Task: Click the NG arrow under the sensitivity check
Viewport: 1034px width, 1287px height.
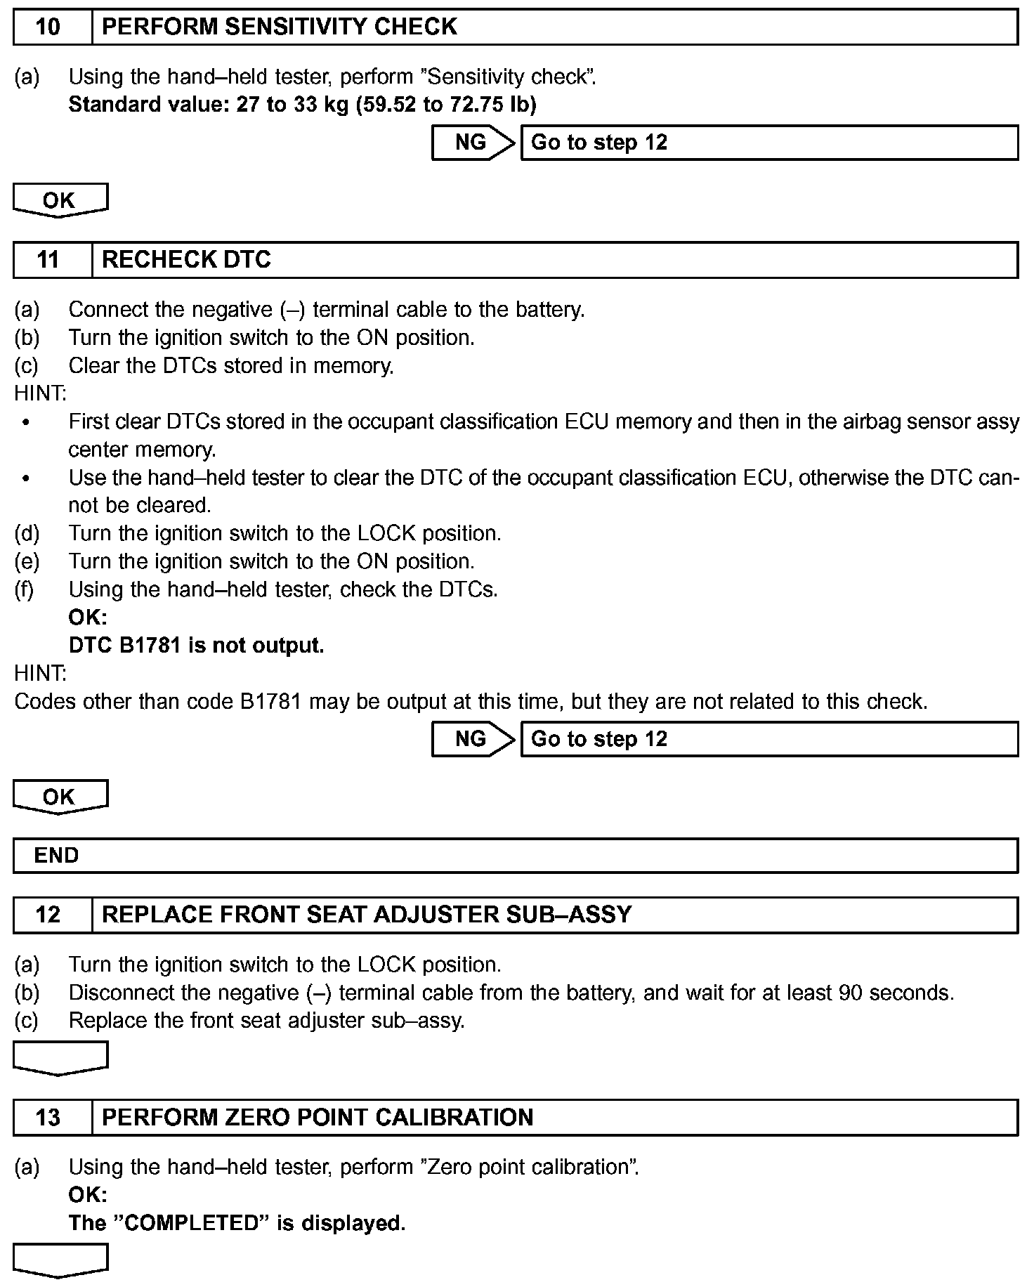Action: (472, 143)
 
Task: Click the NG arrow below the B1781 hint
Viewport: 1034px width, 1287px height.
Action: (472, 739)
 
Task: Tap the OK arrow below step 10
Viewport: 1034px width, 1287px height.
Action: (60, 200)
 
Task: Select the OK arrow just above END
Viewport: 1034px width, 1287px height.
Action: (60, 797)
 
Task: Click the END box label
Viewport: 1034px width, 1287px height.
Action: (57, 856)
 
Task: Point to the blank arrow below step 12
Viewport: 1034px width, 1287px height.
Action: (60, 1057)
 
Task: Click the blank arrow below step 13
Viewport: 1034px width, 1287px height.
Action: (60, 1260)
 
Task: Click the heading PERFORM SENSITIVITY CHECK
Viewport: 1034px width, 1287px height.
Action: (280, 27)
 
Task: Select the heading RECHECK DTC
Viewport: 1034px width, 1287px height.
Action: (186, 260)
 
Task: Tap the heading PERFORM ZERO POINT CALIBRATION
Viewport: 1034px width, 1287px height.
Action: (318, 1118)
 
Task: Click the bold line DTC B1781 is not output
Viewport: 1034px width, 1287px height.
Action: (197, 645)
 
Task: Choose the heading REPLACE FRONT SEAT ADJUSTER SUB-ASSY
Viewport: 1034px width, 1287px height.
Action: (367, 915)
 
